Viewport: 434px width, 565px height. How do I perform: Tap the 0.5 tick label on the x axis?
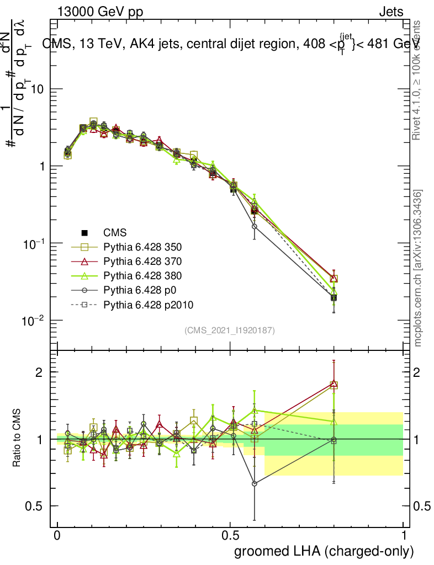coord(230,536)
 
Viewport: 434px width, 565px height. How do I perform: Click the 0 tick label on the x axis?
coord(57,536)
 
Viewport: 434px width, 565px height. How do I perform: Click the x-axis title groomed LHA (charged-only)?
coord(325,551)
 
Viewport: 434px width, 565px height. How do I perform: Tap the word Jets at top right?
coord(390,12)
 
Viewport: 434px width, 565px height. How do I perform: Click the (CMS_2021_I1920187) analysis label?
coord(230,331)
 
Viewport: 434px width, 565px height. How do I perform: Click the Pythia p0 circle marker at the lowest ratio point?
coord(255,483)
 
